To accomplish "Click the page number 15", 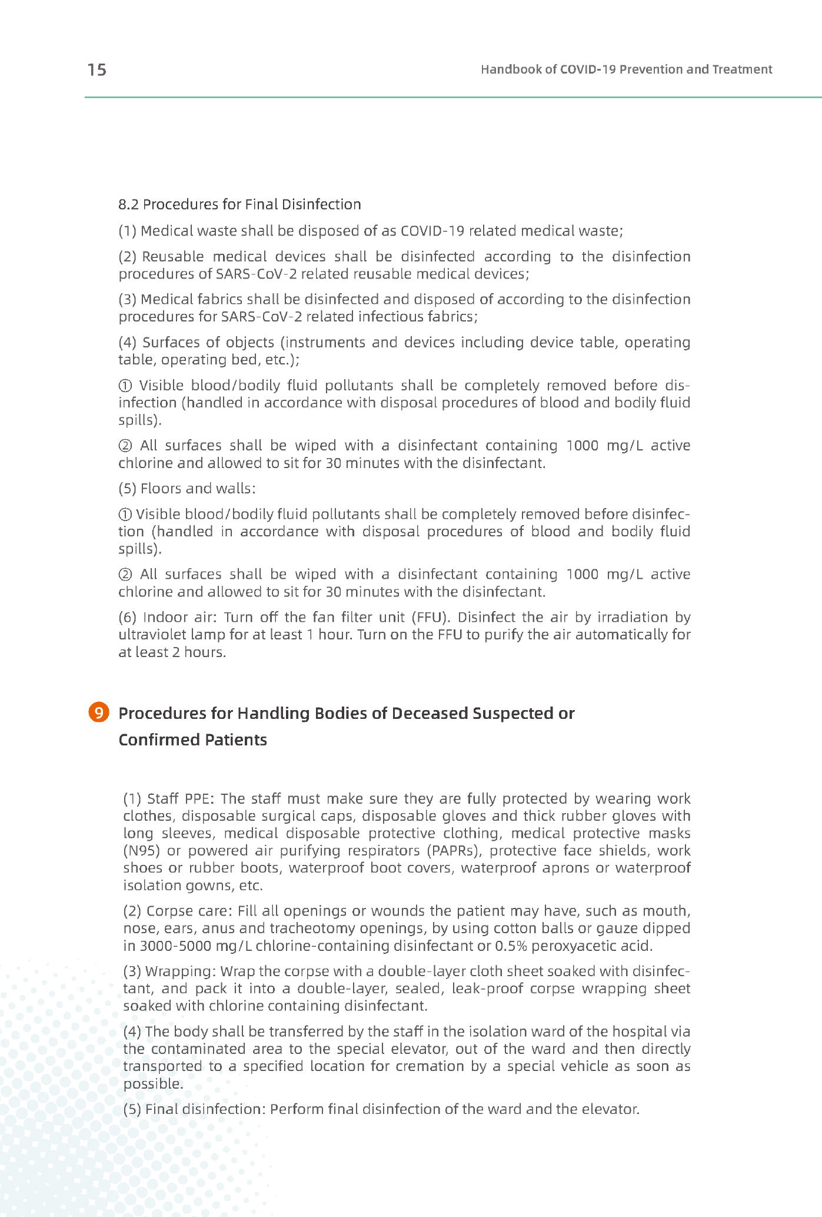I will point(97,70).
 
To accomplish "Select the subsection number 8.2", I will point(128,204).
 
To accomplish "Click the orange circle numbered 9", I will point(99,712).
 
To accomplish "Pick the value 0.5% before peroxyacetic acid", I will point(510,946).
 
